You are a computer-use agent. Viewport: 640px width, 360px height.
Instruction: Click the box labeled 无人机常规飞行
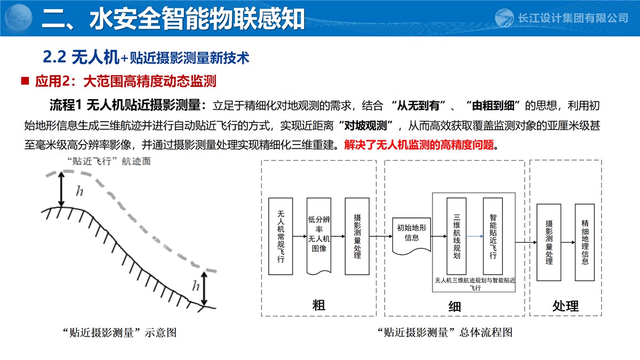[x=281, y=236]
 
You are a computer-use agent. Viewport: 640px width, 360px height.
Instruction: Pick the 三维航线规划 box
[x=456, y=236]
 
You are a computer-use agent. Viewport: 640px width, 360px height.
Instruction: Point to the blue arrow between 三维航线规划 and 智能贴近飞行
[x=475, y=236]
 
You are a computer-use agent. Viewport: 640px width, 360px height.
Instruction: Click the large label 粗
[x=318, y=305]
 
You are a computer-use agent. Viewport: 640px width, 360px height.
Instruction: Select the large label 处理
[x=565, y=306]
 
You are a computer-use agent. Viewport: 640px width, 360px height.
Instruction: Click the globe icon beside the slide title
[x=19, y=18]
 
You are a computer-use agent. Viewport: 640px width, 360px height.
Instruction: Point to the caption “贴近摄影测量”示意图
[x=119, y=333]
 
